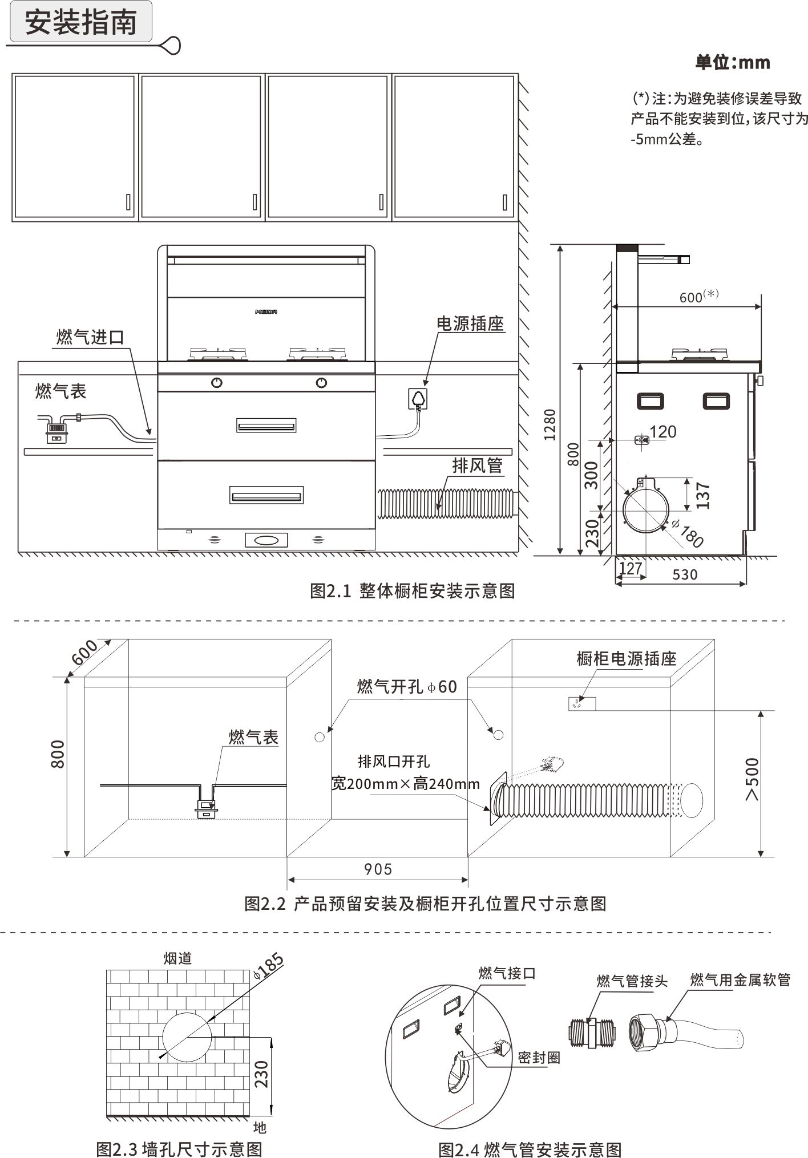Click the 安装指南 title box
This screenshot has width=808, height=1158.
coord(80,22)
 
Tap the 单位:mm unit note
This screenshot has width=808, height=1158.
coord(732,62)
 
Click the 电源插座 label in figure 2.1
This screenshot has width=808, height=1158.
coord(470,323)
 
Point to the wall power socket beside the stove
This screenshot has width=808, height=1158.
coord(418,398)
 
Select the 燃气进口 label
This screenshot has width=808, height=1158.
coord(90,337)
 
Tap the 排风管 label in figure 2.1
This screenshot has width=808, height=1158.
coord(477,465)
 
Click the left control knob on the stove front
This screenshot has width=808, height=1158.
coord(217,383)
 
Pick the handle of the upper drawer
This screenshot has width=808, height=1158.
coord(266,426)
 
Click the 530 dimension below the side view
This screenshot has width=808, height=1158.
coord(685,574)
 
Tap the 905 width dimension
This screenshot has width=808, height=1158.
coord(378,869)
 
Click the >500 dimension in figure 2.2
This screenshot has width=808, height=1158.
coord(753,779)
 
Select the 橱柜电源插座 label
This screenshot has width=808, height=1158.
coord(626,659)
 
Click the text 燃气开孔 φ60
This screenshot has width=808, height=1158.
coord(407,686)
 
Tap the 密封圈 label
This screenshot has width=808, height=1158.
coord(538,1057)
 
